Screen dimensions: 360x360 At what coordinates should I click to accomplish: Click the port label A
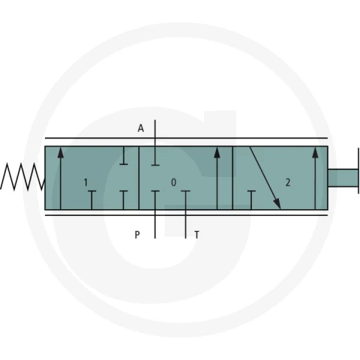click(x=141, y=128)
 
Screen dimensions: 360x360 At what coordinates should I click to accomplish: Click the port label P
click(x=137, y=235)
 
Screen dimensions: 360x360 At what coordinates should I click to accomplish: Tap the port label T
click(x=196, y=235)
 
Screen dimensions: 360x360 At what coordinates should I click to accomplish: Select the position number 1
click(x=85, y=182)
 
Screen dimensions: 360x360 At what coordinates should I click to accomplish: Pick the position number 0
click(x=173, y=182)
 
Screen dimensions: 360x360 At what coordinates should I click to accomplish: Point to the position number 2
click(x=288, y=182)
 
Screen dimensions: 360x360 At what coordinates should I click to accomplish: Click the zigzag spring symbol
click(x=22, y=176)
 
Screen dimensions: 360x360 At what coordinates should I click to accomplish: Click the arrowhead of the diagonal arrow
click(x=277, y=203)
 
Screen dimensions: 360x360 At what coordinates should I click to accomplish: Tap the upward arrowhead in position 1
click(x=61, y=152)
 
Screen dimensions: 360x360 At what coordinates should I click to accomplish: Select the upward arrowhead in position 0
click(x=217, y=152)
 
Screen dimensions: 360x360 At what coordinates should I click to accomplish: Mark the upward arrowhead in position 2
click(x=316, y=152)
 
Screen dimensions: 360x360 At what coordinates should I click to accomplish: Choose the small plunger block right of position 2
click(x=343, y=178)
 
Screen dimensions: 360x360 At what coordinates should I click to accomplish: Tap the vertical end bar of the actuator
click(x=358, y=171)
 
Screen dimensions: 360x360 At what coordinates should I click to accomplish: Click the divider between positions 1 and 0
click(x=139, y=178)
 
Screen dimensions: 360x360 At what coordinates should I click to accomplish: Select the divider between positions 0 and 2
click(x=232, y=178)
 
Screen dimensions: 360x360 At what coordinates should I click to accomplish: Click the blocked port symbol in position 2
click(x=251, y=200)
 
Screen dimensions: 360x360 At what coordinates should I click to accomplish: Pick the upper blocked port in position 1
click(x=124, y=155)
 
